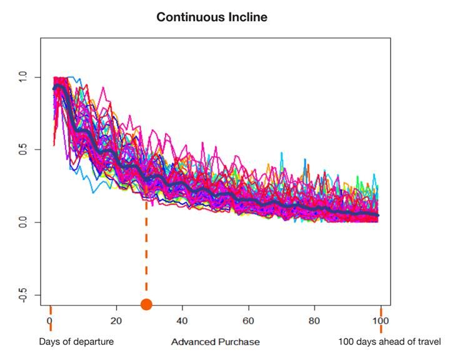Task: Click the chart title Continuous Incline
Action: pyautogui.click(x=212, y=17)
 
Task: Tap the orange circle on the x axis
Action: pyautogui.click(x=146, y=304)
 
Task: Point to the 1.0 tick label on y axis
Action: pyautogui.click(x=22, y=77)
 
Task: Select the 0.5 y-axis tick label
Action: pyautogui.click(x=22, y=149)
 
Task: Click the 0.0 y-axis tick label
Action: pyautogui.click(x=22, y=222)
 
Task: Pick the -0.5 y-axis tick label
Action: pyautogui.click(x=22, y=294)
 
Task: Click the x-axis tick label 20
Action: pyautogui.click(x=116, y=321)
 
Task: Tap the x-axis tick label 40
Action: pyautogui.click(x=182, y=321)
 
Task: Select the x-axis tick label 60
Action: pyautogui.click(x=248, y=321)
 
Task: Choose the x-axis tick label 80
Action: pyautogui.click(x=314, y=321)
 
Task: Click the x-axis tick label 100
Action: pyautogui.click(x=381, y=321)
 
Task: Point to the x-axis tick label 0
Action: pyautogui.click(x=50, y=321)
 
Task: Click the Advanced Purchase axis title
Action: pyautogui.click(x=216, y=342)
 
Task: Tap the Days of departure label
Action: pyautogui.click(x=76, y=342)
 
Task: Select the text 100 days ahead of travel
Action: pyautogui.click(x=390, y=342)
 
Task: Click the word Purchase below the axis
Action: pyautogui.click(x=239, y=342)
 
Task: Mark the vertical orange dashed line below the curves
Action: pyautogui.click(x=146, y=247)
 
